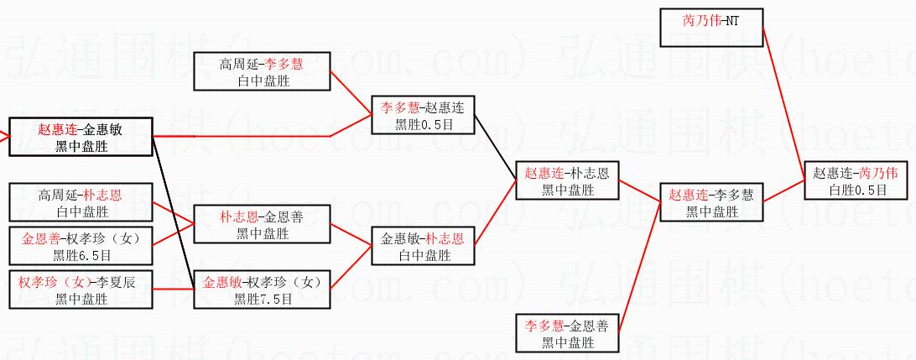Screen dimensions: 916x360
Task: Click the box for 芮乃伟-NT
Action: tap(710, 27)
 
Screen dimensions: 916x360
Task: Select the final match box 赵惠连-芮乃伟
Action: tap(855, 180)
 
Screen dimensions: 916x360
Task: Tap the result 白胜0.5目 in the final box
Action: tap(855, 190)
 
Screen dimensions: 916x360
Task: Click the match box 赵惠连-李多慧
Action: tap(710, 202)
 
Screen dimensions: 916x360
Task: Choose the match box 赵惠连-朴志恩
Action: tap(567, 180)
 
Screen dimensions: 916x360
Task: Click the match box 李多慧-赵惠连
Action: tap(423, 115)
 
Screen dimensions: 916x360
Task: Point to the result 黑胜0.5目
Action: tap(423, 124)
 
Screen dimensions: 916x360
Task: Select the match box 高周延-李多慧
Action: tap(262, 71)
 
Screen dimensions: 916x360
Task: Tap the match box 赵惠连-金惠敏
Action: tap(81, 137)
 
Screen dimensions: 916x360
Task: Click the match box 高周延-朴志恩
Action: tap(81, 202)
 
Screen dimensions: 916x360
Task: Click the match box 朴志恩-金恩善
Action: tap(262, 224)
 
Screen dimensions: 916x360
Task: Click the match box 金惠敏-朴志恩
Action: tap(423, 246)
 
